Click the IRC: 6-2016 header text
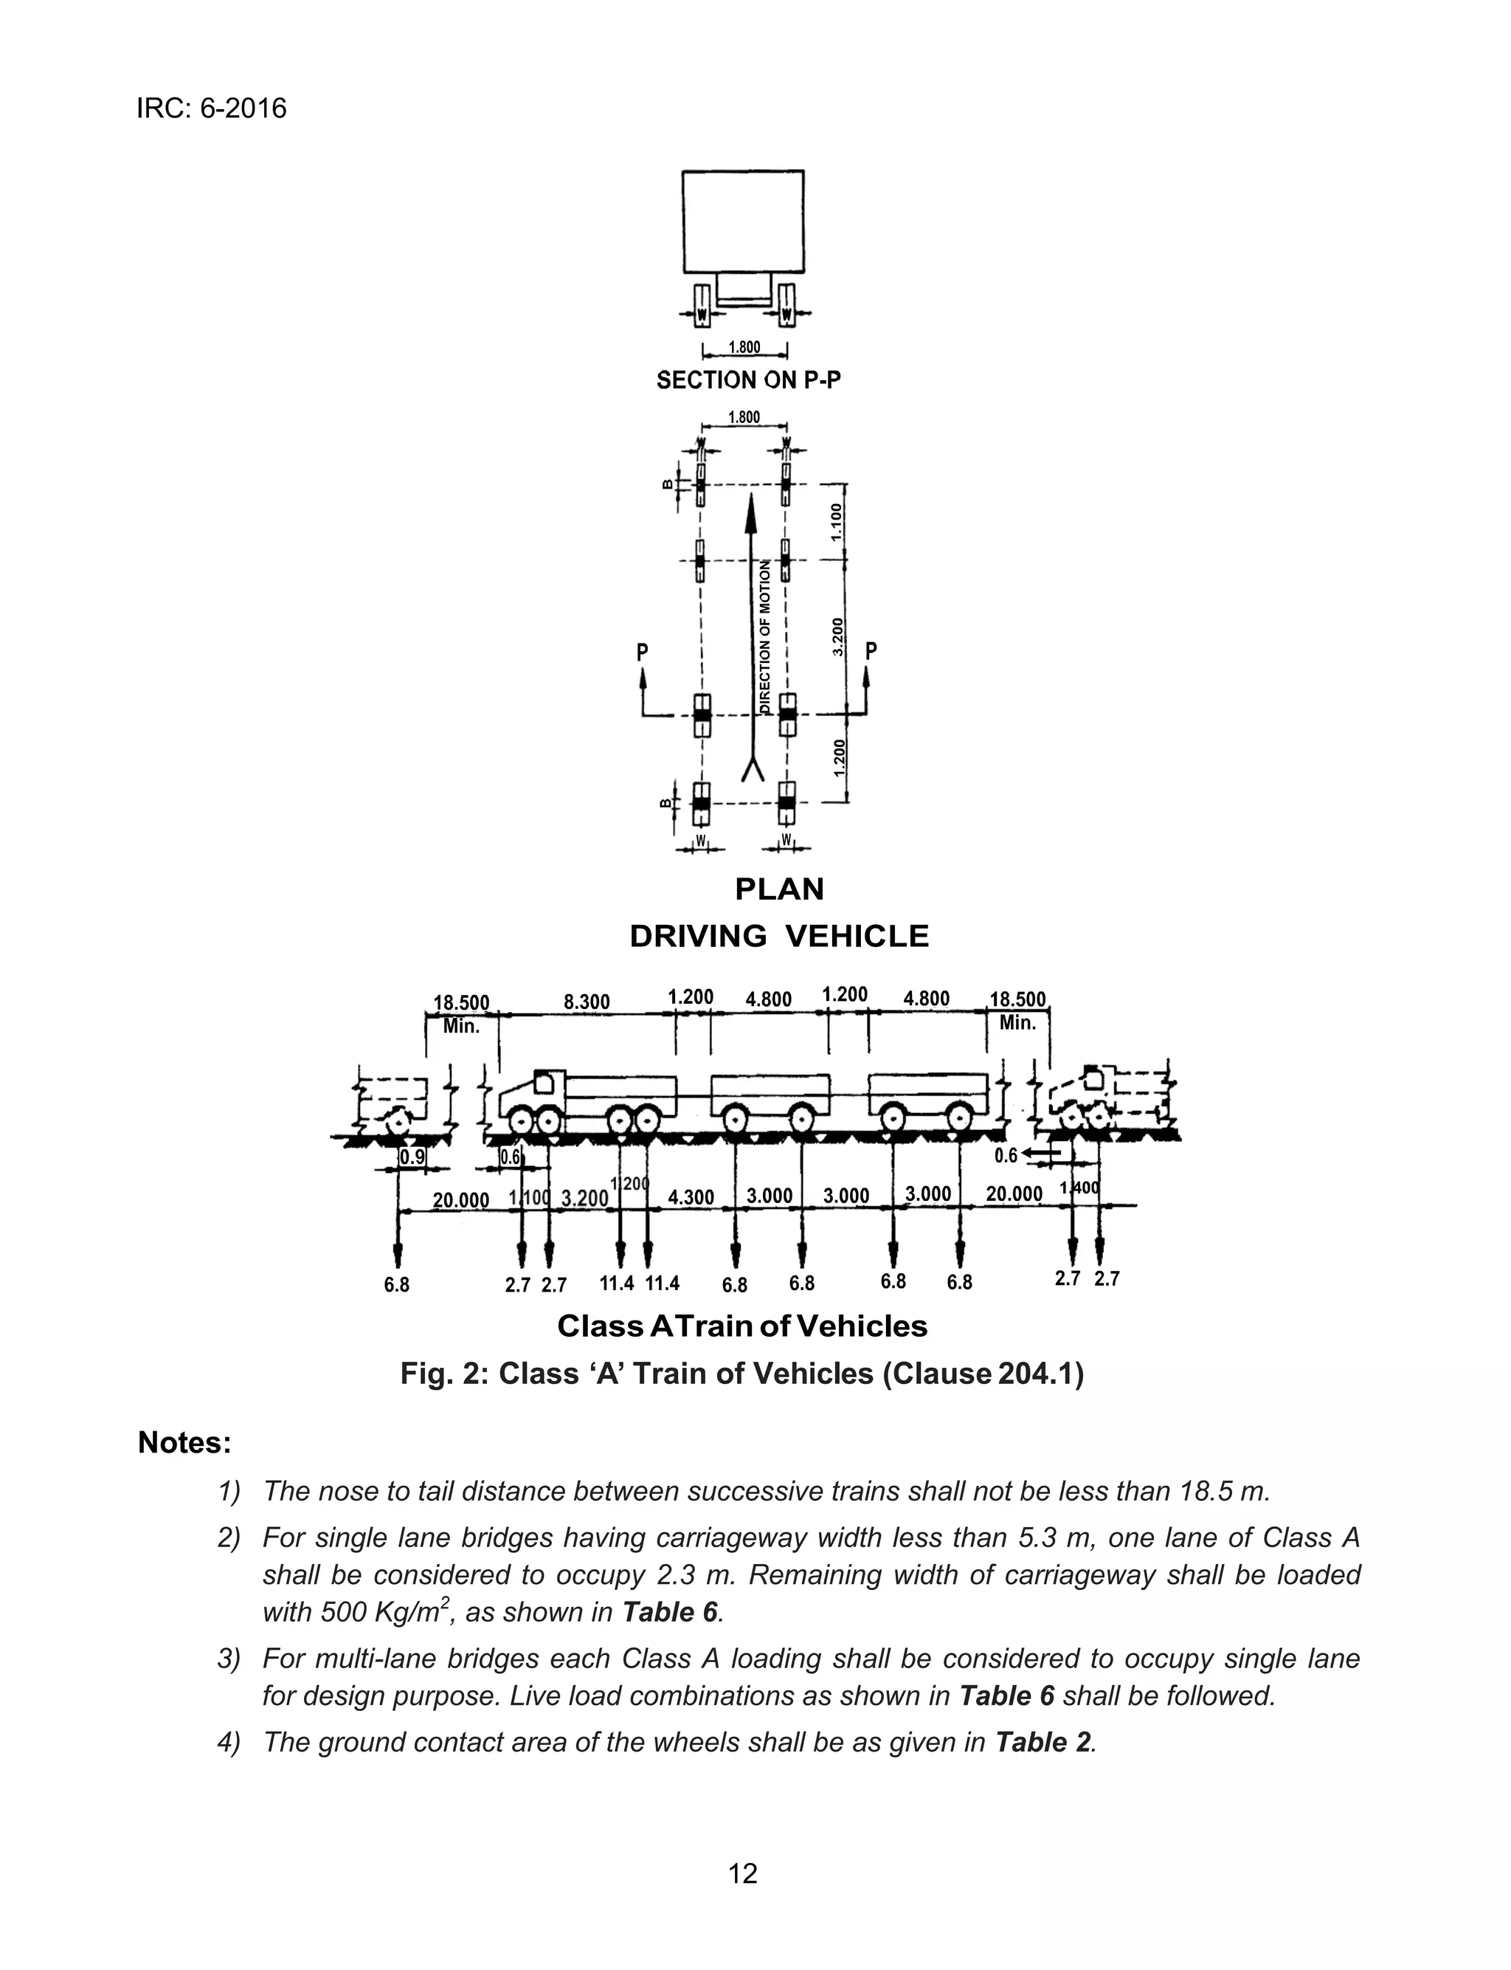(x=211, y=109)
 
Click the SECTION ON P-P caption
(x=748, y=381)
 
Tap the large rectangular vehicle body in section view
(x=743, y=221)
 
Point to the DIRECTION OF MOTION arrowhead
(x=751, y=510)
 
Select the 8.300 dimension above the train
(x=587, y=1001)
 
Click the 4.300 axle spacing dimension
(x=691, y=1197)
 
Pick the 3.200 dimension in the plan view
(x=838, y=636)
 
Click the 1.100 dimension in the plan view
(x=837, y=522)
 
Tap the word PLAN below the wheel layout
(x=779, y=889)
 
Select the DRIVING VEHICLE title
(x=779, y=937)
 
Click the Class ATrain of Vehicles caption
(x=742, y=1326)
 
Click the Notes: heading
(x=184, y=1443)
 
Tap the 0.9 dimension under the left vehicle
(x=412, y=1157)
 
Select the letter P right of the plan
(x=870, y=650)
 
